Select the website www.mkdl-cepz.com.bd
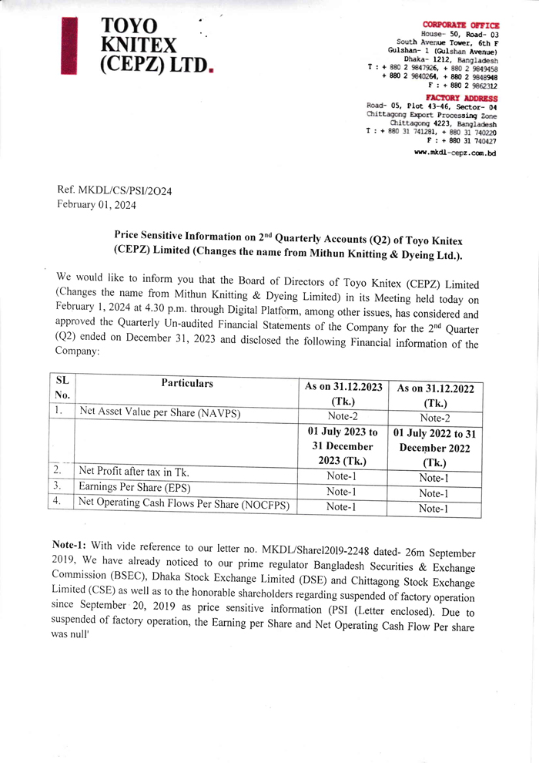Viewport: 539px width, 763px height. click(455, 153)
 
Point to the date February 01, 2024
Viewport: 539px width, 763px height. click(96, 204)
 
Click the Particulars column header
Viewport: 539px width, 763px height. click(187, 384)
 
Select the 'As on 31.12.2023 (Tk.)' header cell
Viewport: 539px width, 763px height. click(343, 394)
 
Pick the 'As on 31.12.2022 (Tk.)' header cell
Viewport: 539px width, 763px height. click(435, 395)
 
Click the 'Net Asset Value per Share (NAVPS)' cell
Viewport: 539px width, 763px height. click(160, 413)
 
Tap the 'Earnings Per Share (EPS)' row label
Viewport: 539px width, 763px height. click(135, 487)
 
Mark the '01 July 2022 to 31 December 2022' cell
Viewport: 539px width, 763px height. click(435, 448)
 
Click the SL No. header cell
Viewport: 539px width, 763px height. click(62, 388)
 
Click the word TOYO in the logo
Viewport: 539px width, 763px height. click(129, 27)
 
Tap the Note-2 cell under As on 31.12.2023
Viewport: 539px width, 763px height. click(343, 415)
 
